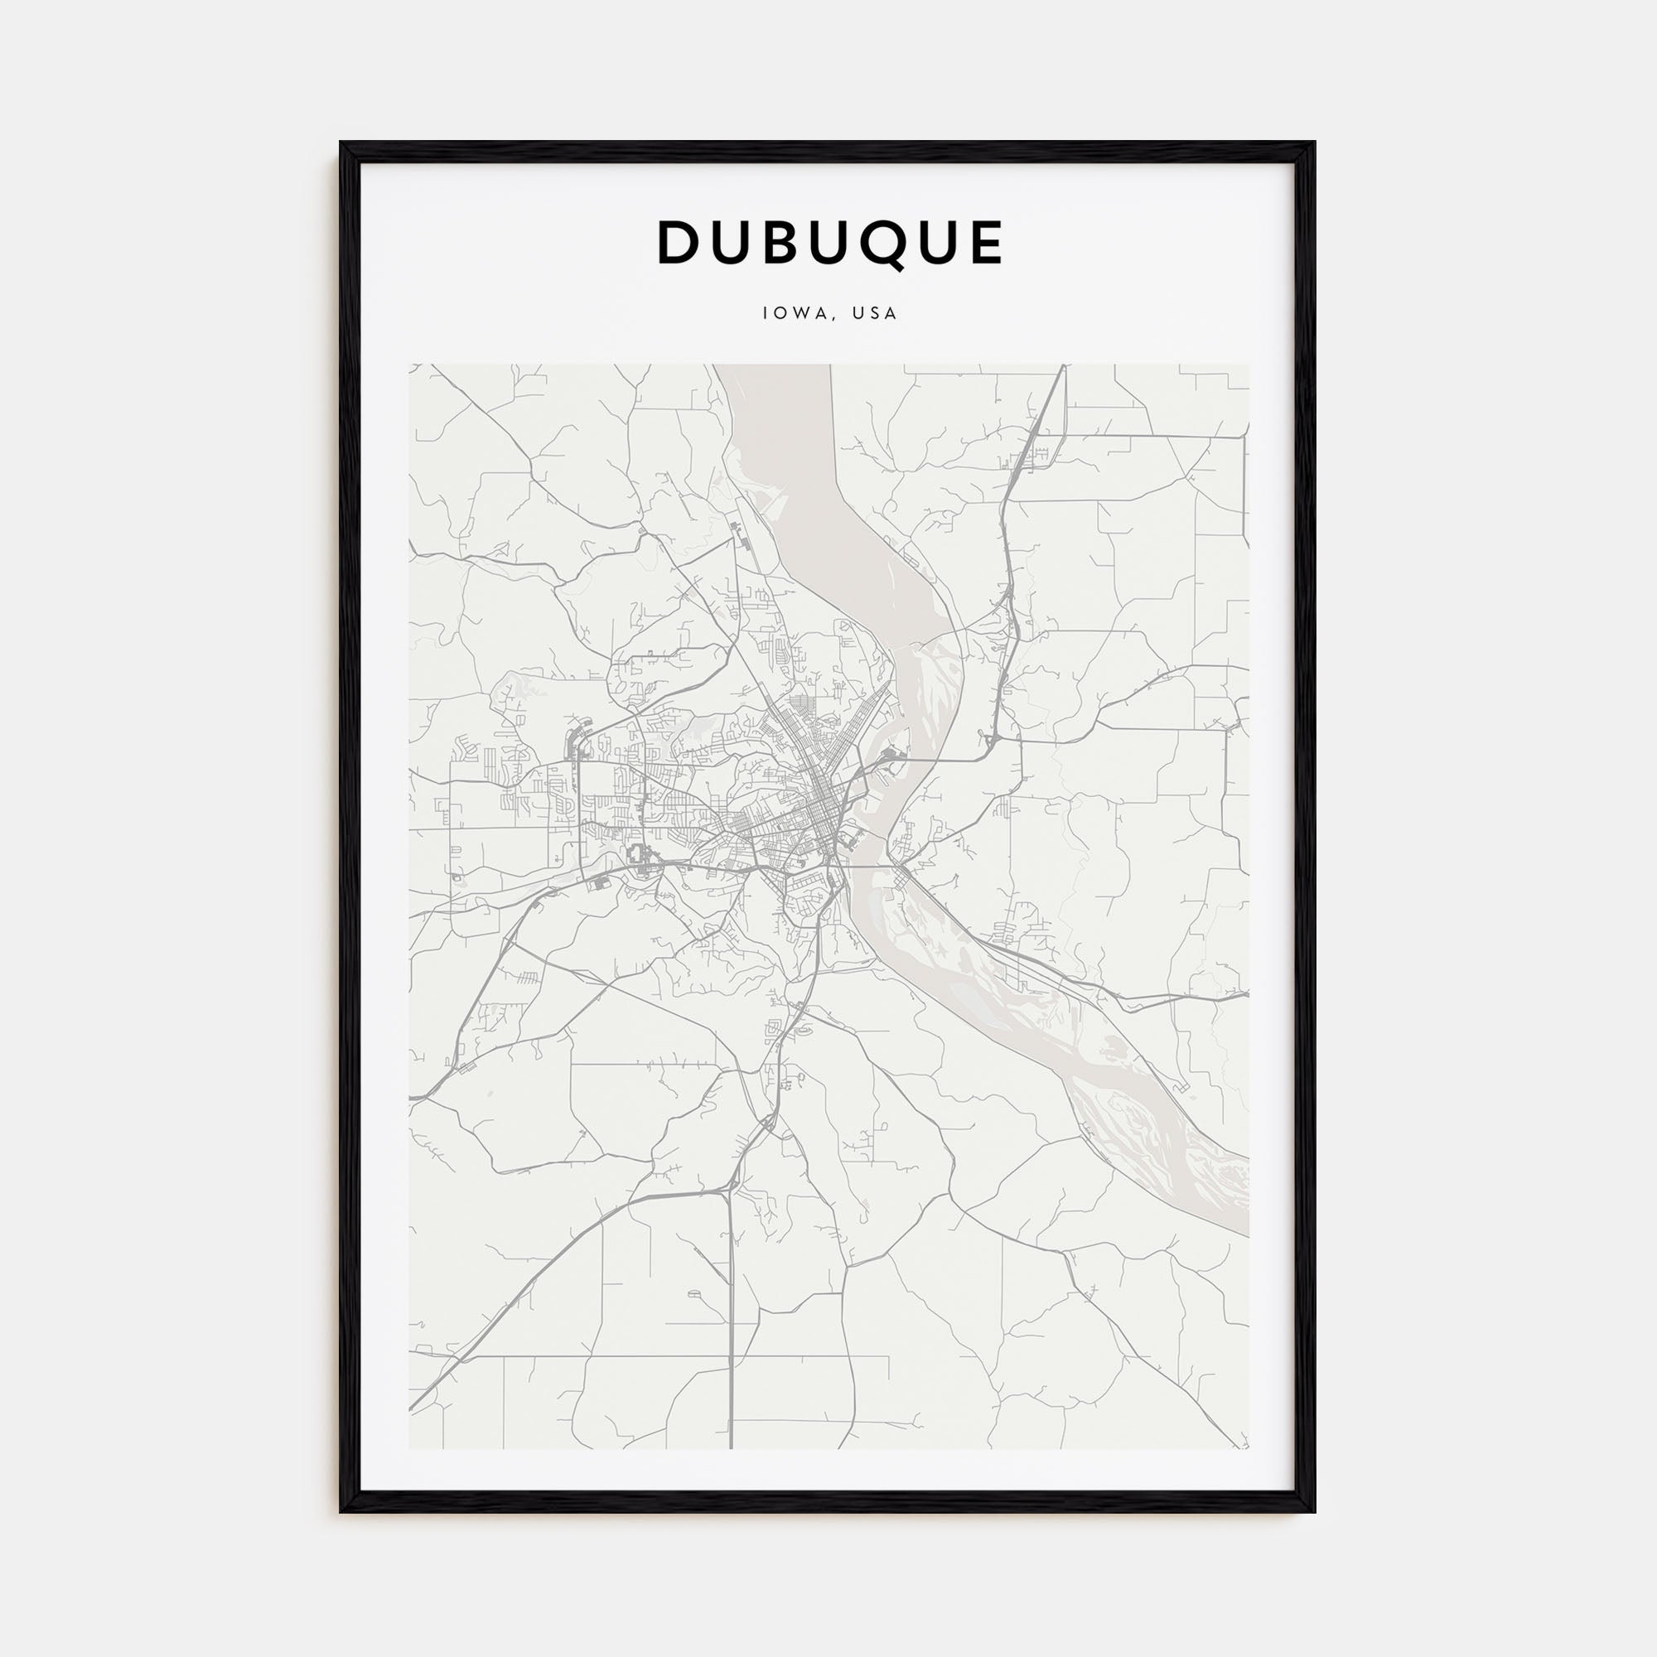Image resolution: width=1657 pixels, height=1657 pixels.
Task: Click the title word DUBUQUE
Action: pos(829,243)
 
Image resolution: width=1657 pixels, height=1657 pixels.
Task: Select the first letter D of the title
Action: pos(679,243)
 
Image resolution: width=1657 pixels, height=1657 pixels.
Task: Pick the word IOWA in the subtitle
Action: pos(795,314)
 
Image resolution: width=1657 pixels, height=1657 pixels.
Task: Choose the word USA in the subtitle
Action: pos(875,314)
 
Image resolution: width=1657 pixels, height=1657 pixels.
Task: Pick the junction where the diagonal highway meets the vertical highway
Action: pos(730,1189)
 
